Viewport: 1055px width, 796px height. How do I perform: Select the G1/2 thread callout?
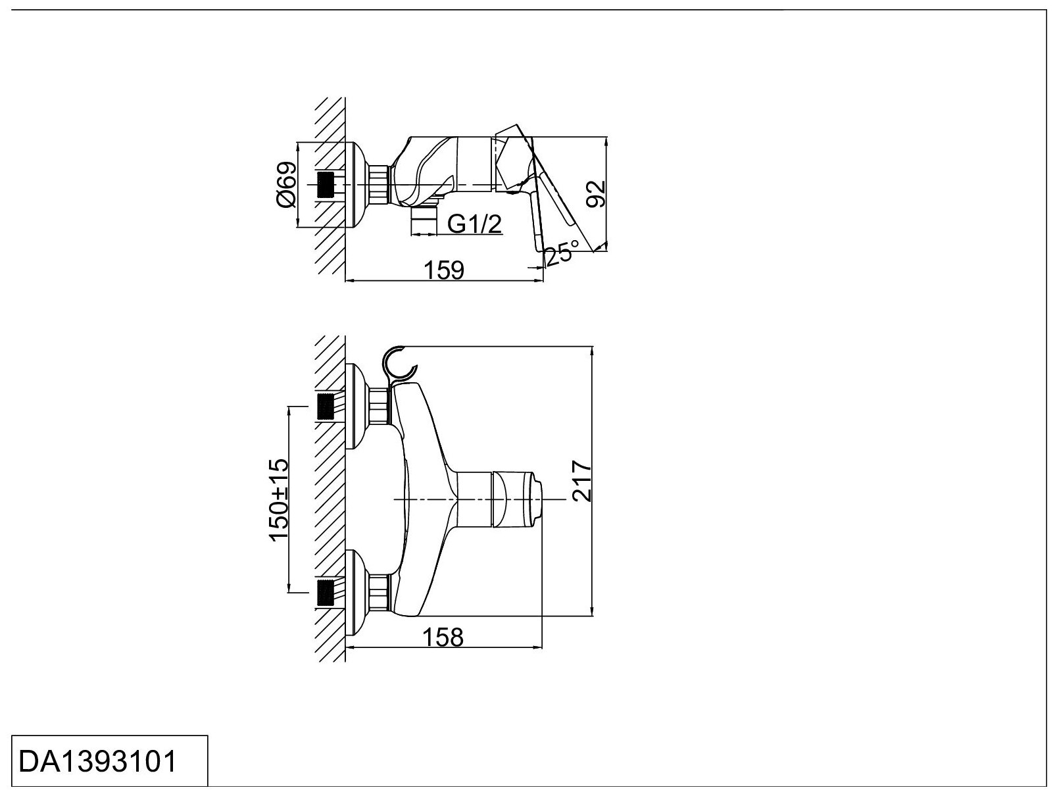coord(475,224)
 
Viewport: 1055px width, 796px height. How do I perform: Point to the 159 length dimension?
coord(445,270)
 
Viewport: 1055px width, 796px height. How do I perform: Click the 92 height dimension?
coord(596,193)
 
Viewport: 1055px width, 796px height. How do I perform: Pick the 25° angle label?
coord(561,253)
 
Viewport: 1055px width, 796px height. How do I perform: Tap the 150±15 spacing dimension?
coord(279,499)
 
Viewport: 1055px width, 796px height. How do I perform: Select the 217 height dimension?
coord(581,481)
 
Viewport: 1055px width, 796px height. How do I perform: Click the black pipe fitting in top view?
coord(326,185)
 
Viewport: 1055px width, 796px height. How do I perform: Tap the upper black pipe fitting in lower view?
coord(326,406)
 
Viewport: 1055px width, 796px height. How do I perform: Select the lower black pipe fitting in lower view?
coord(326,593)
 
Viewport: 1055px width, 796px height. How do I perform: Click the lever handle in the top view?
coord(552,197)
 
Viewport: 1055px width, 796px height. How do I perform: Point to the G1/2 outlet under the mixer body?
coord(424,221)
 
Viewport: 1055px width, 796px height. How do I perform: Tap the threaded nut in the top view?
coord(380,185)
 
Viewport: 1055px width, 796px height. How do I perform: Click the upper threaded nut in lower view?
coord(380,406)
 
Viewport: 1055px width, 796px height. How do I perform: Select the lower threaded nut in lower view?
coord(380,592)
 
